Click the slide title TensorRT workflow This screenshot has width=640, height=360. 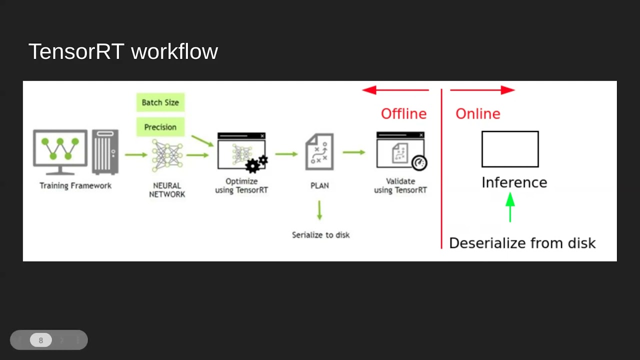(123, 51)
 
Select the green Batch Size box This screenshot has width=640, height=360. (160, 102)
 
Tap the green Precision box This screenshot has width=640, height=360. (160, 127)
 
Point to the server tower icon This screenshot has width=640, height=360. (105, 152)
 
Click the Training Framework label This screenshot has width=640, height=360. (75, 185)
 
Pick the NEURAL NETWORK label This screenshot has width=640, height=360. (167, 190)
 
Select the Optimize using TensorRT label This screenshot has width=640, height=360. (241, 185)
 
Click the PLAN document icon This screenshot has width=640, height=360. (319, 151)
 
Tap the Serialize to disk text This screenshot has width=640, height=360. (320, 235)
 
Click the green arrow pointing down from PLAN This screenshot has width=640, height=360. (319, 210)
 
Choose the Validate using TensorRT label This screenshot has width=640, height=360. (400, 185)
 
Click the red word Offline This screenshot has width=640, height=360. (403, 113)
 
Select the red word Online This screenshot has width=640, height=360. (477, 113)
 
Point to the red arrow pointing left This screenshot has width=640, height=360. (395, 90)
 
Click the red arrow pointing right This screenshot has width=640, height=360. (482, 90)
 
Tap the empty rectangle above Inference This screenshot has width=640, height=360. (510, 149)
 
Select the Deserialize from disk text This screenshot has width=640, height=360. (522, 243)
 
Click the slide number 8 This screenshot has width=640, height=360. (41, 340)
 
